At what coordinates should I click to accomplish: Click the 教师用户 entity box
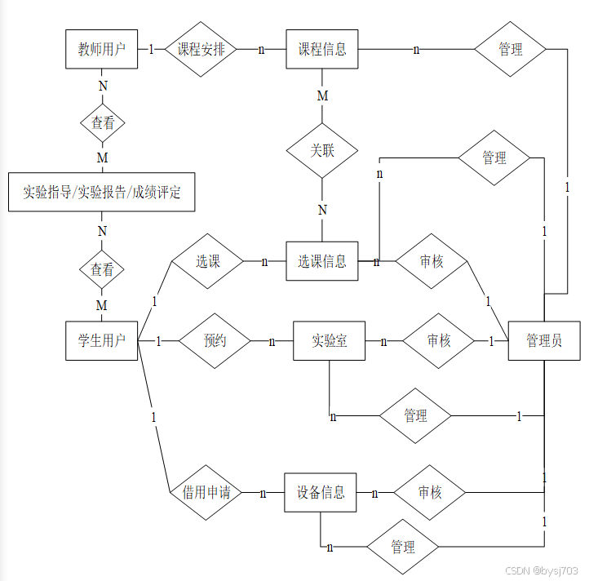[102, 49]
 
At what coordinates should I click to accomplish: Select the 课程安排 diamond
[201, 49]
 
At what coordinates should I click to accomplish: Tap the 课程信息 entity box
[322, 49]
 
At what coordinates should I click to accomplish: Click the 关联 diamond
[322, 151]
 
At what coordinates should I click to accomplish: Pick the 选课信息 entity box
[322, 261]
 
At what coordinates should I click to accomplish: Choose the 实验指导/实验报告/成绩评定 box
[102, 193]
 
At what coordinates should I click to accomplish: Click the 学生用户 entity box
[102, 341]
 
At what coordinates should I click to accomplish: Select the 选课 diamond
[207, 261]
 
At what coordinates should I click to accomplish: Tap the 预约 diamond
[215, 341]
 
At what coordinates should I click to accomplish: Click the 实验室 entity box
[330, 341]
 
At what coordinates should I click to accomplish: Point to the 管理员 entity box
[544, 341]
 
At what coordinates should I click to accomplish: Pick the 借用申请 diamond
[206, 493]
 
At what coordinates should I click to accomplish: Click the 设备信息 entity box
[321, 493]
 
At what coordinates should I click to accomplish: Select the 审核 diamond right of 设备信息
[430, 493]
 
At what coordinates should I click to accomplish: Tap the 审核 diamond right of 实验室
[439, 341]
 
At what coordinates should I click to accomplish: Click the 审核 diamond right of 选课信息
[432, 261]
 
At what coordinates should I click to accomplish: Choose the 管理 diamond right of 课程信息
[511, 49]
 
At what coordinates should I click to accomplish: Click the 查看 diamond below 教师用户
[102, 124]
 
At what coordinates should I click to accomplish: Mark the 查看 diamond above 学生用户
[102, 269]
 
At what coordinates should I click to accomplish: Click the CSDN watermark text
[542, 570]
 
